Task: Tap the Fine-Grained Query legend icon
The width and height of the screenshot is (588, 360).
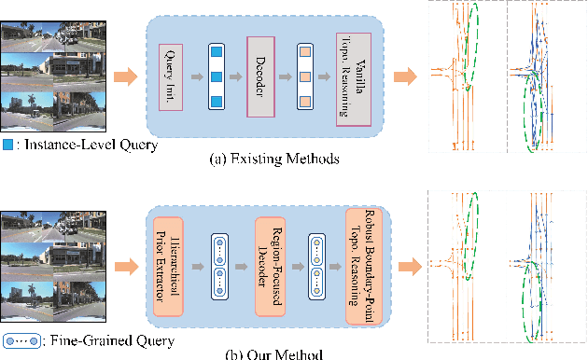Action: click(x=21, y=339)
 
